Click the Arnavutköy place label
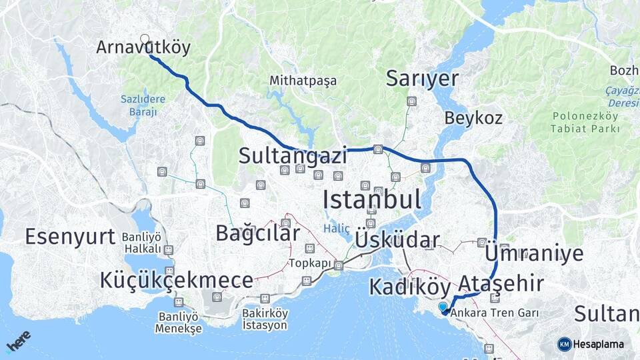pyautogui.click(x=143, y=47)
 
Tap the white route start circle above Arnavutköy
pyautogui.click(x=145, y=39)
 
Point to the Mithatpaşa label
pyautogui.click(x=303, y=81)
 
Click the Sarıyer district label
pyautogui.click(x=423, y=79)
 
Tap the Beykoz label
pyautogui.click(x=474, y=118)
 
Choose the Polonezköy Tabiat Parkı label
pyautogui.click(x=585, y=122)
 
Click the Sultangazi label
pyautogui.click(x=293, y=156)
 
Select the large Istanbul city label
pyautogui.click(x=371, y=199)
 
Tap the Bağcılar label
pyautogui.click(x=257, y=233)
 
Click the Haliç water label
pyautogui.click(x=337, y=228)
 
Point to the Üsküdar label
pyautogui.click(x=397, y=240)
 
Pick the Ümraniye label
pyautogui.click(x=535, y=253)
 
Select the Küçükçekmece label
pyautogui.click(x=177, y=280)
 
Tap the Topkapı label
pyautogui.click(x=310, y=263)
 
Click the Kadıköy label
pyautogui.click(x=409, y=287)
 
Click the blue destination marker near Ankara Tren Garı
pyautogui.click(x=444, y=308)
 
